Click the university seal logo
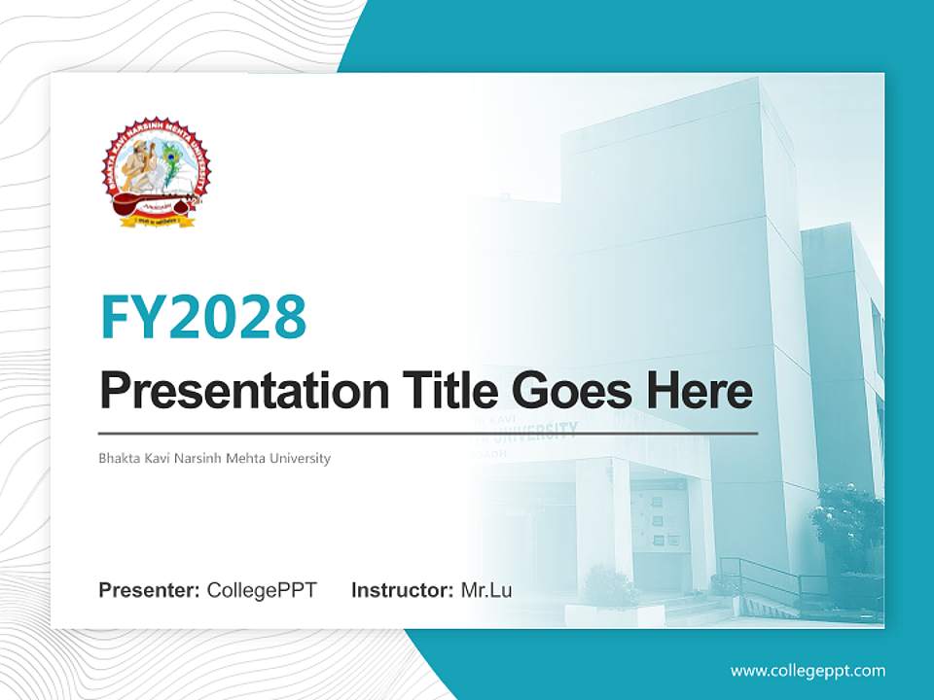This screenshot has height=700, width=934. [x=155, y=172]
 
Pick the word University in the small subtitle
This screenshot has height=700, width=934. [x=300, y=458]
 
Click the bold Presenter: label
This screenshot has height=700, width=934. [x=150, y=590]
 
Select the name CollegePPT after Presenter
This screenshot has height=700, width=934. [x=262, y=590]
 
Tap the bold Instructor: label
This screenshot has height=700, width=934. [x=402, y=590]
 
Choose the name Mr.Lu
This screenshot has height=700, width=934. [x=486, y=590]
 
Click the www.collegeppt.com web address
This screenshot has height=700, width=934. [x=808, y=671]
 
